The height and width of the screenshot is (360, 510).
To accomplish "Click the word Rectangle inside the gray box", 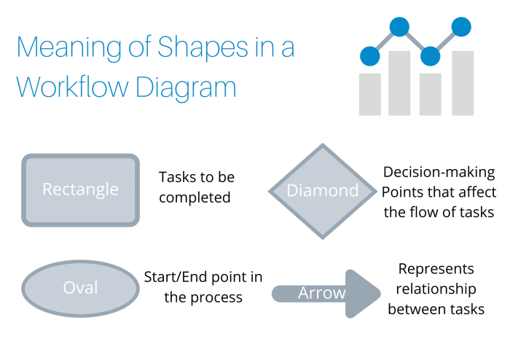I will click(x=80, y=189).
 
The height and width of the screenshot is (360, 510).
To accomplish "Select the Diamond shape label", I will click(x=323, y=191).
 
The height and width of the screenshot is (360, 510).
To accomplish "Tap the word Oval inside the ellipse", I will click(x=80, y=288).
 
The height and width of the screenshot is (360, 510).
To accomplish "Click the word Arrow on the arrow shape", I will click(x=321, y=293).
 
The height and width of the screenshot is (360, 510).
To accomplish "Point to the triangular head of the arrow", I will click(x=363, y=294).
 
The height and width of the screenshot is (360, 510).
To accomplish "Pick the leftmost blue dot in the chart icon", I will click(x=370, y=55).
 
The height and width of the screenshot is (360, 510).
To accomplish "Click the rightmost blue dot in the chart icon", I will click(x=461, y=27).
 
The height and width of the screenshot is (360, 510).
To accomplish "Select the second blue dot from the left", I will click(x=399, y=27).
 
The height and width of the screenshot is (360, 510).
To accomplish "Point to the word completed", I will click(x=195, y=197).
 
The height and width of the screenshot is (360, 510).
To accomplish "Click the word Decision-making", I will click(x=439, y=173).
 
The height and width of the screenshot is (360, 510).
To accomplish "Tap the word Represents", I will click(x=436, y=268).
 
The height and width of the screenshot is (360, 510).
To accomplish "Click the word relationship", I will click(x=436, y=289).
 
